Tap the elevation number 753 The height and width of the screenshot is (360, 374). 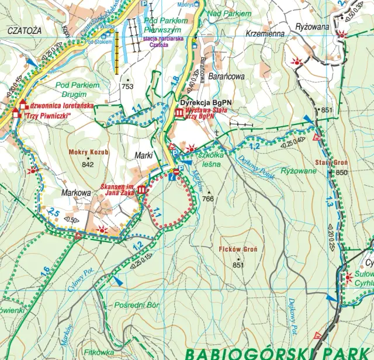pyautogui.click(x=127, y=86)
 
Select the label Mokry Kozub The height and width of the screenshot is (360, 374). pyautogui.click(x=89, y=153)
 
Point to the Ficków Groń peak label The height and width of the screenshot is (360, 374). pyautogui.click(x=237, y=250)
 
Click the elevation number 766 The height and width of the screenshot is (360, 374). pyautogui.click(x=208, y=199)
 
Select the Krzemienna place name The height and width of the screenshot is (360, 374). pyautogui.click(x=265, y=33)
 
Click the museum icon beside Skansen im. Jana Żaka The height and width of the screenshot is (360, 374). pyautogui.click(x=143, y=191)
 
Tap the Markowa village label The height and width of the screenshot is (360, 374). pyautogui.click(x=75, y=192)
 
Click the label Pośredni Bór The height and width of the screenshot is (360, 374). pyautogui.click(x=137, y=305)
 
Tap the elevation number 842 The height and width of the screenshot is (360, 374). pyautogui.click(x=88, y=164)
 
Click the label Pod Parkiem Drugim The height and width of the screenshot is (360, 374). pyautogui.click(x=78, y=89)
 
